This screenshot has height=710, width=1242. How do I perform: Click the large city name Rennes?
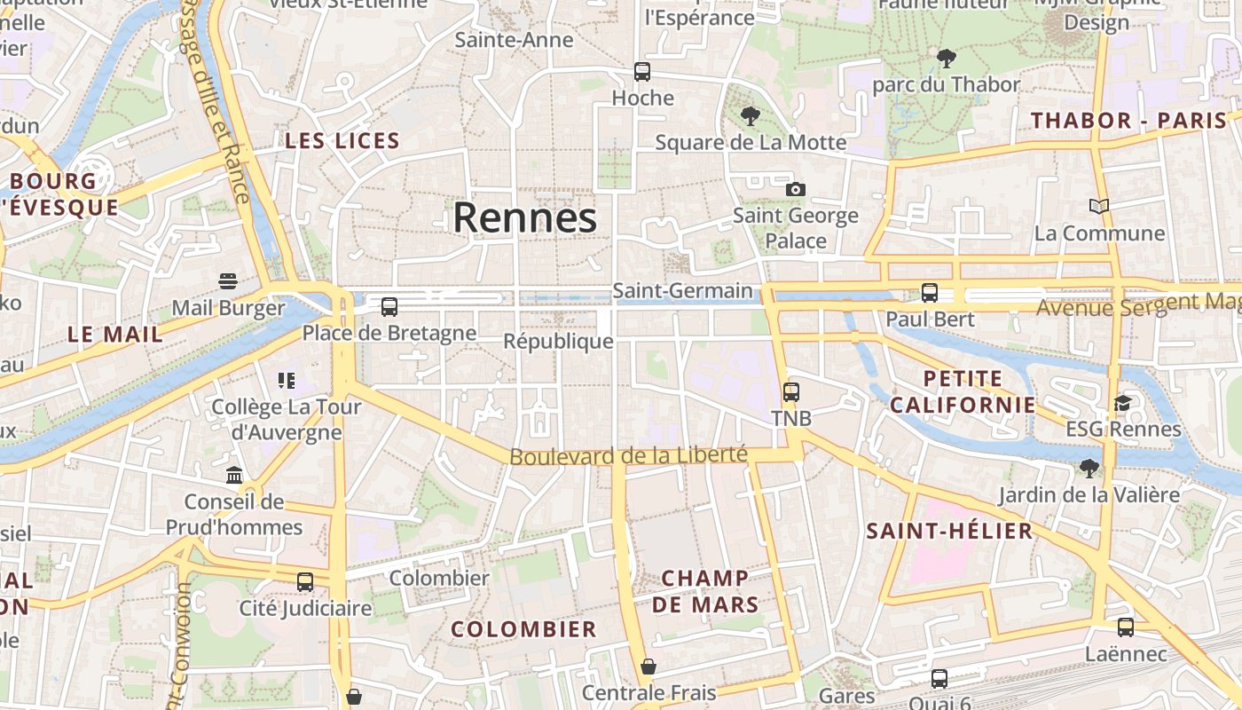525,218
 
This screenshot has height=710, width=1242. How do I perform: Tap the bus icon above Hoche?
642,72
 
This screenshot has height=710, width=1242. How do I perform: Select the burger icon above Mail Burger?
228,281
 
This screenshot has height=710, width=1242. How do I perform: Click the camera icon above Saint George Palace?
796,189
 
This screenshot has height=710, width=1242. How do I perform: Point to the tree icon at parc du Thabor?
947,59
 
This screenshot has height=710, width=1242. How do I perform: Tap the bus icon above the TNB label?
790,391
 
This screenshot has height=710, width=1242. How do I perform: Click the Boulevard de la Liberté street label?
629,456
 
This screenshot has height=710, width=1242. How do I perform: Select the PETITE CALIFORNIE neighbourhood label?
963,391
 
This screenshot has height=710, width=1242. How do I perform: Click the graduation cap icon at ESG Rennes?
1123,404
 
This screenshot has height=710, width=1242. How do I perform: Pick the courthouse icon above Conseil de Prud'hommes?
234,476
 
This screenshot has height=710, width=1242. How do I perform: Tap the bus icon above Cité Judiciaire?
305,582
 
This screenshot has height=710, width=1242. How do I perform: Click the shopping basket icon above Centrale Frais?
649,666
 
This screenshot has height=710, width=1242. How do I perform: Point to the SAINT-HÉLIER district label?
949,532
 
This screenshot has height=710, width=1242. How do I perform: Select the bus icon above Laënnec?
1126,627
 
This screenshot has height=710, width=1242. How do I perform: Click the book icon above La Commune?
1099,207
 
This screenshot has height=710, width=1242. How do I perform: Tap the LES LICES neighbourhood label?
342,140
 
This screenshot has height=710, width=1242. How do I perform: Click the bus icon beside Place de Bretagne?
389,307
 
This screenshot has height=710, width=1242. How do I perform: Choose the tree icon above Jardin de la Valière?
1089,468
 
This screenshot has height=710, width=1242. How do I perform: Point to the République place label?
558,341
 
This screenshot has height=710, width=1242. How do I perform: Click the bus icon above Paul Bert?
930,292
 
